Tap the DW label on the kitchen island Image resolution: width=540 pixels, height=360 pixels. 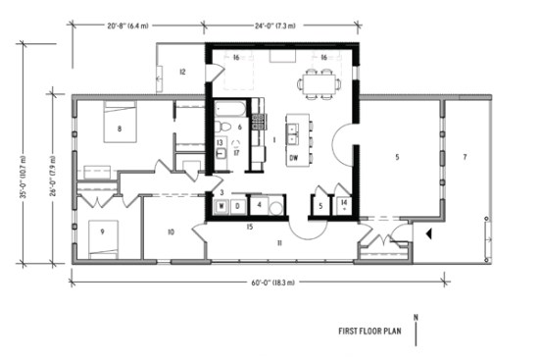coord(294,157)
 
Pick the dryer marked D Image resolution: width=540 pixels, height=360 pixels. coord(237,206)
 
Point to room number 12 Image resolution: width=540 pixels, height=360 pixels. coord(182,73)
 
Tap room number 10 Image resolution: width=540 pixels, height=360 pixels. coord(171,232)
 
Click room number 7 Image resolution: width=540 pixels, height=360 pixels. coord(465,157)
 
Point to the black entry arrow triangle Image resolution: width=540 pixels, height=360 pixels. coord(427,233)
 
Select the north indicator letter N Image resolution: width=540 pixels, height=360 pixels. coord(416,317)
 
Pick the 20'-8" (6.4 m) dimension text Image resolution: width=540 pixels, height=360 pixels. coord(130,28)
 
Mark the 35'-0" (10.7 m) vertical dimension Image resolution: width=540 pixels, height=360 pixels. coord(23,157)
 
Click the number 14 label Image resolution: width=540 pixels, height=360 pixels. coord(346,202)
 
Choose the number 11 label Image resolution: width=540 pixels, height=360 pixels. coord(279,241)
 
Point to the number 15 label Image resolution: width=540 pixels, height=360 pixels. coord(250,228)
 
